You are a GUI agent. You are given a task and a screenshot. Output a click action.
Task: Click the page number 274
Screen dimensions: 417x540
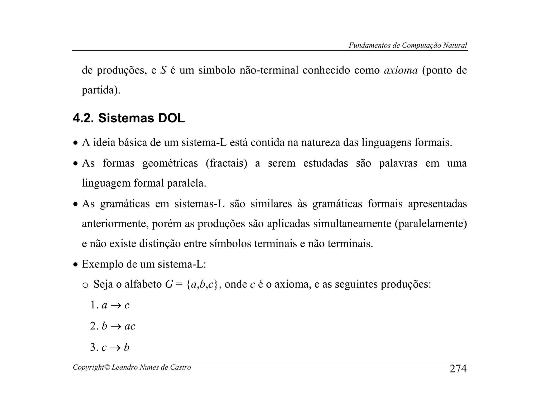click(x=458, y=368)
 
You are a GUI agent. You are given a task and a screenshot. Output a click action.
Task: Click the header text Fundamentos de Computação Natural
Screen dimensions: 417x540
click(x=408, y=45)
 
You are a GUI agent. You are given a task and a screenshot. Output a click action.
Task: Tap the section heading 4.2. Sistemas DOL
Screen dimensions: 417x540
click(x=129, y=118)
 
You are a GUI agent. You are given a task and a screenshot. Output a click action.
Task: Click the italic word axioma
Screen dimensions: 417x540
click(x=401, y=70)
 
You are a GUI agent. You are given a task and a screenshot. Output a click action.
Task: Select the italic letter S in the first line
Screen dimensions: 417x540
click(x=163, y=70)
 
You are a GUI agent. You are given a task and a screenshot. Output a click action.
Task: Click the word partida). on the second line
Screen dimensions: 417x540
click(x=101, y=90)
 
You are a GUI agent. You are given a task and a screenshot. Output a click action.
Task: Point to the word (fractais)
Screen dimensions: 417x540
click(x=226, y=163)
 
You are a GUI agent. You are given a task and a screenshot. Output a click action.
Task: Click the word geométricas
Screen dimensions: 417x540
click(x=170, y=163)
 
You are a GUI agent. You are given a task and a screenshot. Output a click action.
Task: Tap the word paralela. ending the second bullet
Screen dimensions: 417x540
click(x=186, y=183)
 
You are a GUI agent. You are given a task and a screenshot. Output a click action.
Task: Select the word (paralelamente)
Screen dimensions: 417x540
click(x=431, y=224)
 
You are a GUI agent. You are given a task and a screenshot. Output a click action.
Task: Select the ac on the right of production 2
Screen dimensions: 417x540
click(x=130, y=326)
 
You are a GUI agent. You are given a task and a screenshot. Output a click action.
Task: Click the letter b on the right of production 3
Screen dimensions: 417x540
click(x=127, y=347)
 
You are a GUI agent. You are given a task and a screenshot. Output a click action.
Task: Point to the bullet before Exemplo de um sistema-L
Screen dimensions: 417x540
click(x=76, y=265)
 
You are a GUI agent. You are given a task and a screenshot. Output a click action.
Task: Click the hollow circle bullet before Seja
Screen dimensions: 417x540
click(x=85, y=285)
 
